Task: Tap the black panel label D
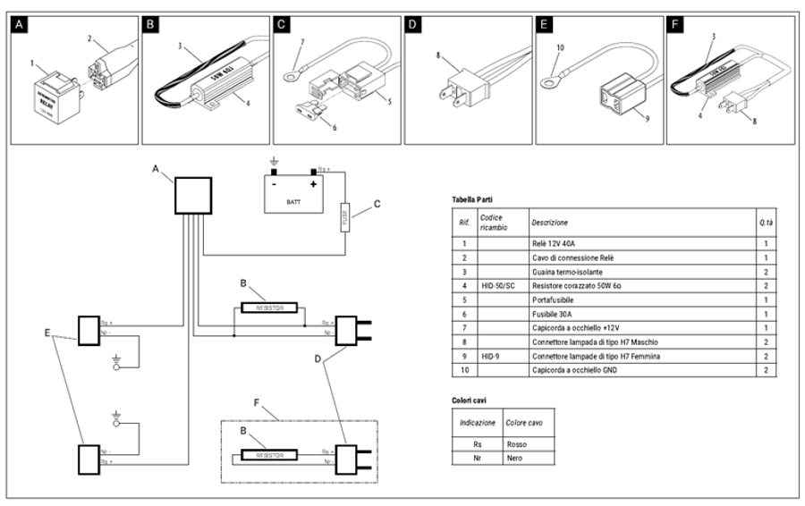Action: (x=413, y=26)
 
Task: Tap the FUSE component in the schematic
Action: (x=344, y=216)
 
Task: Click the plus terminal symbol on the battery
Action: (x=313, y=185)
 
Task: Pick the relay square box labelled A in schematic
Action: (x=191, y=196)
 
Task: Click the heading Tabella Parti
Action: (x=472, y=199)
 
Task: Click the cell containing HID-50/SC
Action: (x=499, y=285)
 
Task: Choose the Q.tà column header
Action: (x=766, y=222)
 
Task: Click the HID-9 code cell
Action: (x=493, y=356)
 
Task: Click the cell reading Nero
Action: (x=516, y=458)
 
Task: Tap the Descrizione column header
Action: (x=549, y=222)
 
